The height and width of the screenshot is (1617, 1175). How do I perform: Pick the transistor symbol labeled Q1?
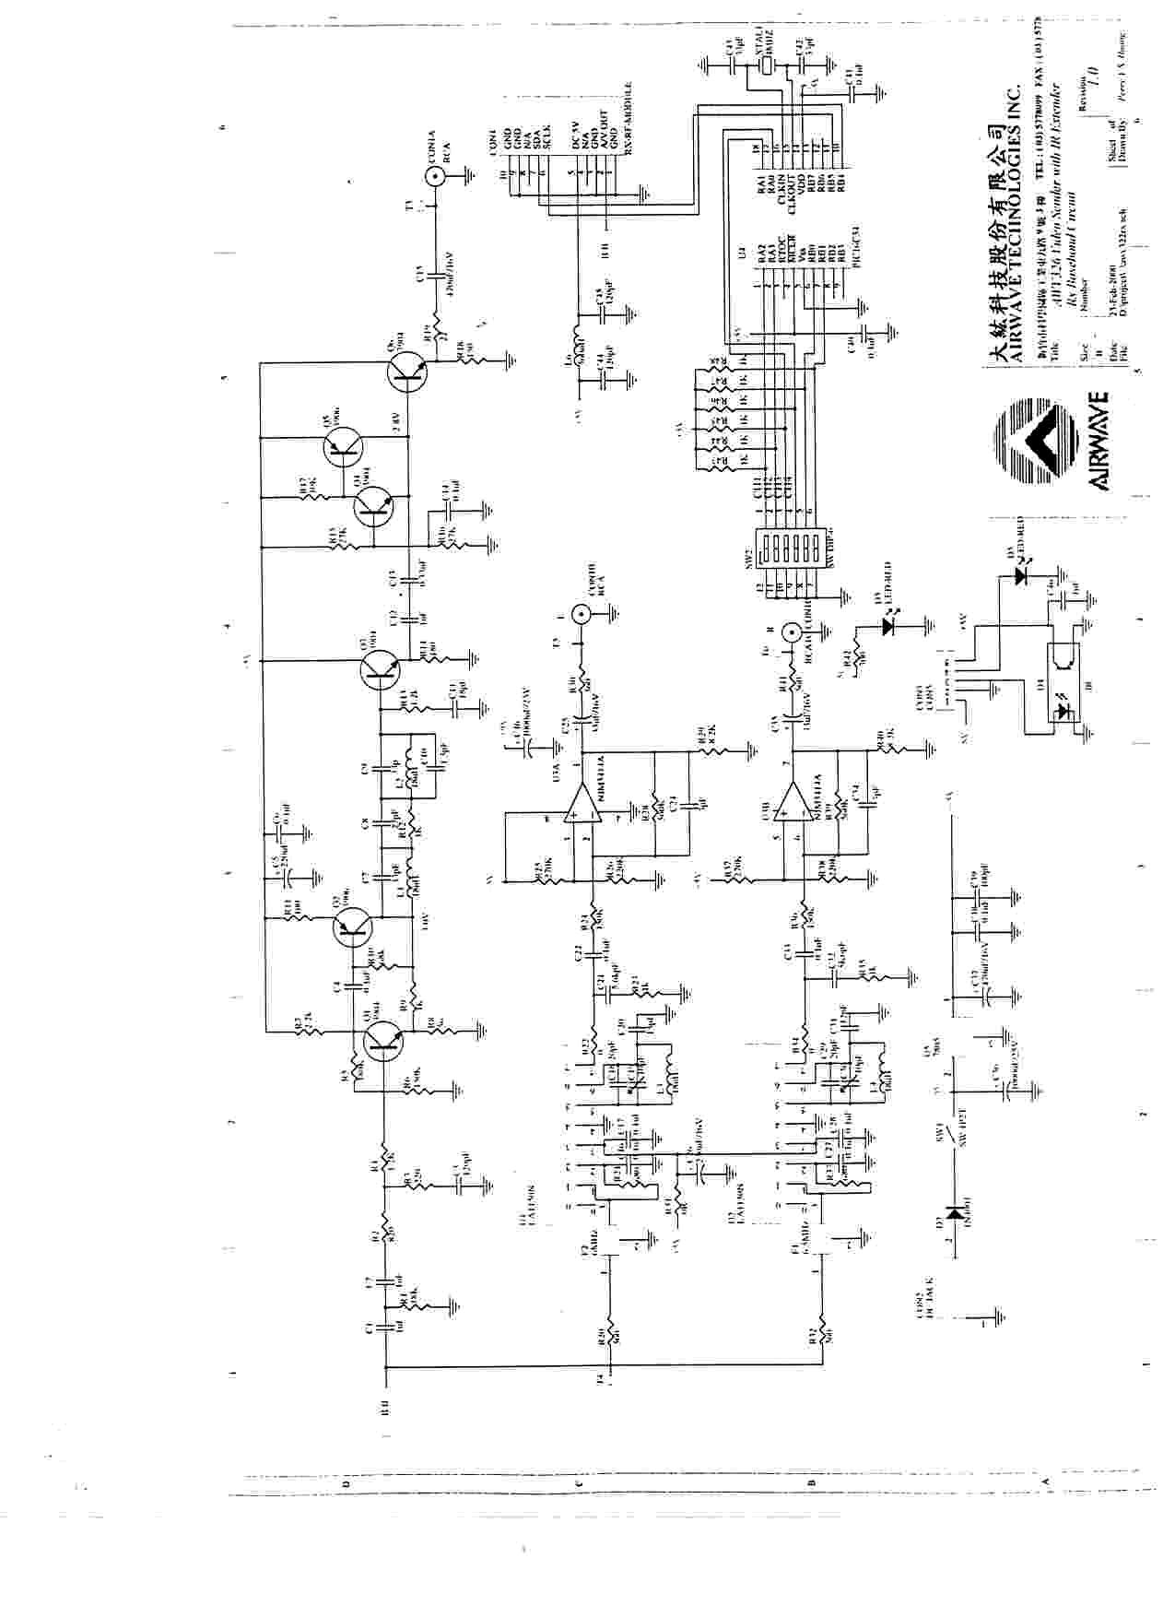coord(381,1041)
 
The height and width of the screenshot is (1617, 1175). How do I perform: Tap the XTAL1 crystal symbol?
coord(764,66)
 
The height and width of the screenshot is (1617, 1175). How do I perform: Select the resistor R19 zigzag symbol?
coord(440,334)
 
